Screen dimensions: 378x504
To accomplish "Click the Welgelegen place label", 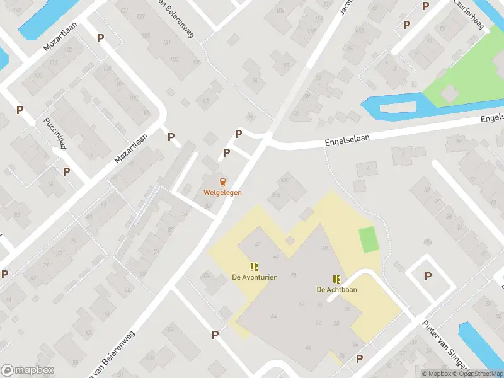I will point(222,192).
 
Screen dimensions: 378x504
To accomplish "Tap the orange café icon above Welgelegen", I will point(222,181).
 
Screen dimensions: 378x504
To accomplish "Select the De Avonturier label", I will point(254,277).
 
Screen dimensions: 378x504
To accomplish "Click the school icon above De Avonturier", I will point(254,266).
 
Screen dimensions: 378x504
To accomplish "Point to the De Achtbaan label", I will point(336,290).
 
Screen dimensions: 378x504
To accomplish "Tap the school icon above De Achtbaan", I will point(336,278).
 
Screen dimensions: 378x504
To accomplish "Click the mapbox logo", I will point(27,370).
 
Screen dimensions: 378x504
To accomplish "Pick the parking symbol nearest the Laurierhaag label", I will point(406,25).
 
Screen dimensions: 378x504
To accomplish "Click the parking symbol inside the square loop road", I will point(428,276).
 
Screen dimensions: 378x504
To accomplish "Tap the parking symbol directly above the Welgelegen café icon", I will point(226,152).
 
